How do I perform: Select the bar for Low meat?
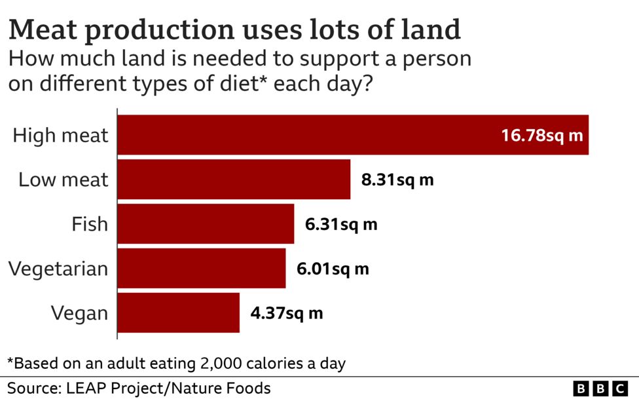pyautogui.click(x=234, y=180)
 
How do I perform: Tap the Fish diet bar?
pyautogui.click(x=206, y=224)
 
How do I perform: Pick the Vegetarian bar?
pyautogui.click(x=202, y=268)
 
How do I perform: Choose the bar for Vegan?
pyautogui.click(x=178, y=313)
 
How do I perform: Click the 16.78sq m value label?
pyautogui.click(x=541, y=136)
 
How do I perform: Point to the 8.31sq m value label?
pyautogui.click(x=397, y=180)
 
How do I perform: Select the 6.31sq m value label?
pyautogui.click(x=341, y=224)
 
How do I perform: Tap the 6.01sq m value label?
pyautogui.click(x=333, y=269)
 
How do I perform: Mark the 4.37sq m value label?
pyautogui.click(x=287, y=313)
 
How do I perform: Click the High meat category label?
pyautogui.click(x=60, y=136)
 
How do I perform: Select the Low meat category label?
pyautogui.click(x=63, y=180)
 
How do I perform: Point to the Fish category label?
pyautogui.click(x=90, y=224)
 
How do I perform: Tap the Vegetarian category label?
pyautogui.click(x=58, y=269)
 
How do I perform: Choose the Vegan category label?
pyautogui.click(x=79, y=313)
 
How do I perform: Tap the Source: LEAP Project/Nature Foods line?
pyautogui.click(x=139, y=388)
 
